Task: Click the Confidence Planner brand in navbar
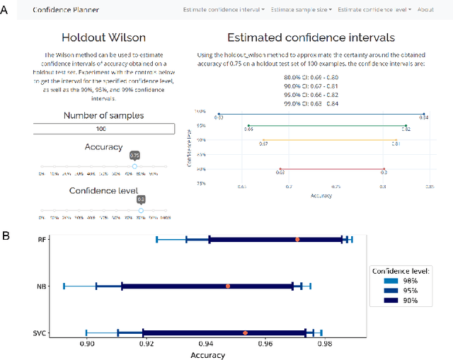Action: tap(66, 10)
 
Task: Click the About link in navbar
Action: tap(425, 10)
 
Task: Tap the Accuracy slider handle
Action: tap(134, 166)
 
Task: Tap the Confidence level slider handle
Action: tap(141, 210)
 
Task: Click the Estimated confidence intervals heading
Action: tap(311, 37)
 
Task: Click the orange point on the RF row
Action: tap(297, 240)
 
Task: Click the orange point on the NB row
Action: tap(228, 286)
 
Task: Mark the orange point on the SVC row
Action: tap(246, 332)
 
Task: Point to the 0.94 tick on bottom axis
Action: tap(206, 344)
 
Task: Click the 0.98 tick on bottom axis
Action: tap(324, 344)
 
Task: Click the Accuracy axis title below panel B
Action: tap(208, 355)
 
